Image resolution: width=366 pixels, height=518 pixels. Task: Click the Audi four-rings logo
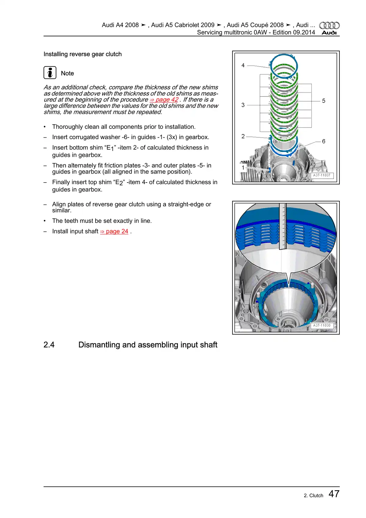pyautogui.click(x=329, y=25)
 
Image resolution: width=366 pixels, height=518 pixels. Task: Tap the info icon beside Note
pyautogui.click(x=50, y=73)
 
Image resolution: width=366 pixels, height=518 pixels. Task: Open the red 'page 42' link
pyautogui.click(x=164, y=100)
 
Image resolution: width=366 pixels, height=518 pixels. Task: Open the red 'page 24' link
pyautogui.click(x=114, y=231)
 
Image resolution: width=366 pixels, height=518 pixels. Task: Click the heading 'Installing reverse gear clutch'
pyautogui.click(x=82, y=54)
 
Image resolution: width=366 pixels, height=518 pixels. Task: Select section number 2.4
pyautogui.click(x=49, y=345)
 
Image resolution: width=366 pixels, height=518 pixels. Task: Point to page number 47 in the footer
pyautogui.click(x=334, y=494)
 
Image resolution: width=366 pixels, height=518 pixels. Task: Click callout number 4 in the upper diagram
pyautogui.click(x=243, y=65)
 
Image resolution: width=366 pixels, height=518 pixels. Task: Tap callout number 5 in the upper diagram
pyautogui.click(x=324, y=101)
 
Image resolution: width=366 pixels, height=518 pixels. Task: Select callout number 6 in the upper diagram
pyautogui.click(x=324, y=141)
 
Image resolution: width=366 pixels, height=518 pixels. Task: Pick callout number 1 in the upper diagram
pyautogui.click(x=243, y=167)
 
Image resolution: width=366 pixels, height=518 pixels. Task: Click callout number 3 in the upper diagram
pyautogui.click(x=243, y=105)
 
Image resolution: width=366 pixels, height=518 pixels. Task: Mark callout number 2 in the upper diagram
pyautogui.click(x=243, y=136)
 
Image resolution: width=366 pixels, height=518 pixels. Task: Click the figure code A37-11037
pyautogui.click(x=322, y=175)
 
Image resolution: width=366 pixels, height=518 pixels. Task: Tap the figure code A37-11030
pyautogui.click(x=322, y=325)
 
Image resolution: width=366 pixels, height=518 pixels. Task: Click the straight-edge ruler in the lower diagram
pyautogui.click(x=283, y=226)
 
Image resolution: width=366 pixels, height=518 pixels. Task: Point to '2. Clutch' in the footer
pyautogui.click(x=313, y=496)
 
